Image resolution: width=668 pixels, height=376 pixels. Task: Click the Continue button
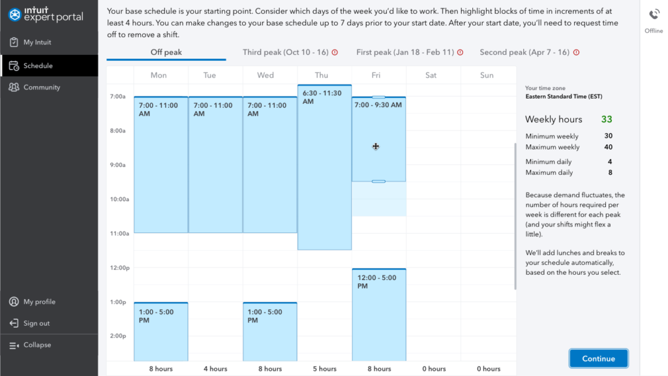tap(598, 358)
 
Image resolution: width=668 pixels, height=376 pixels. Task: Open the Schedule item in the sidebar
tap(38, 66)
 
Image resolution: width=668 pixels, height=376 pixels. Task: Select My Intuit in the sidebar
tap(37, 42)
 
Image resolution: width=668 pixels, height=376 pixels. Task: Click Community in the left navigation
tap(41, 87)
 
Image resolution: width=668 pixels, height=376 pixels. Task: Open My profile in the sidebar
tap(39, 302)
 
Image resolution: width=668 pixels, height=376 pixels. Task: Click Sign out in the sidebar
tap(36, 324)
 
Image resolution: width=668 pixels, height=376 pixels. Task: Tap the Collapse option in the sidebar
tap(37, 345)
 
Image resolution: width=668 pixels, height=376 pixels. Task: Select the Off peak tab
tap(166, 52)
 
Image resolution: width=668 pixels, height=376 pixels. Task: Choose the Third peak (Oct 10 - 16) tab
tap(286, 52)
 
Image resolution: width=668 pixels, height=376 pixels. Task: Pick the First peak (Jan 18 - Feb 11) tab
tap(405, 52)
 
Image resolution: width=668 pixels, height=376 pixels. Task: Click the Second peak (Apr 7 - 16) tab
tap(524, 52)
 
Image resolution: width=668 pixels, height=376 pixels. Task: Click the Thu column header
tap(322, 75)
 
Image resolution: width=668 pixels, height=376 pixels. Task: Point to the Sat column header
tap(431, 75)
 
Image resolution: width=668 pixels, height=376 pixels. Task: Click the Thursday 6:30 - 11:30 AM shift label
tap(322, 97)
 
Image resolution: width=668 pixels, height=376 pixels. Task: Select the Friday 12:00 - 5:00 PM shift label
tap(377, 282)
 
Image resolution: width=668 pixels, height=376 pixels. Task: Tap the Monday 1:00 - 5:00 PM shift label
tap(157, 316)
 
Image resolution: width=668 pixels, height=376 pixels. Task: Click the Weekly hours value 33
tap(607, 119)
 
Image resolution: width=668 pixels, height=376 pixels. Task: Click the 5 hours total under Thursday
tap(324, 369)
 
